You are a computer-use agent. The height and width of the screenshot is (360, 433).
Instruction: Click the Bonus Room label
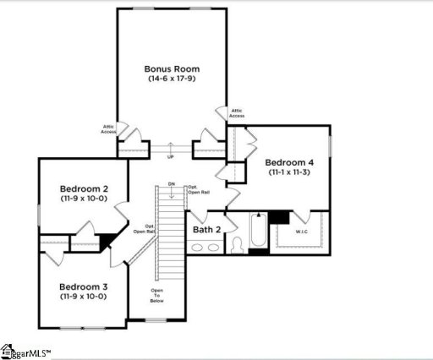[x=172, y=68]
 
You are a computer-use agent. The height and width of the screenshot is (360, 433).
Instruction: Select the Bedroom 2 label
[x=81, y=188]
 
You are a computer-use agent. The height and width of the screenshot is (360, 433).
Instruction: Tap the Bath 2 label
[x=206, y=229]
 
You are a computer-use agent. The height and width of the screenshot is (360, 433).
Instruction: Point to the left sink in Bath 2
[x=198, y=248]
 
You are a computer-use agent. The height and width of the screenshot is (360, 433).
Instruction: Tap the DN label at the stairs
[x=171, y=184]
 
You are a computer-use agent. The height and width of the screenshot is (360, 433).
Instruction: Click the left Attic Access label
[x=108, y=128]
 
